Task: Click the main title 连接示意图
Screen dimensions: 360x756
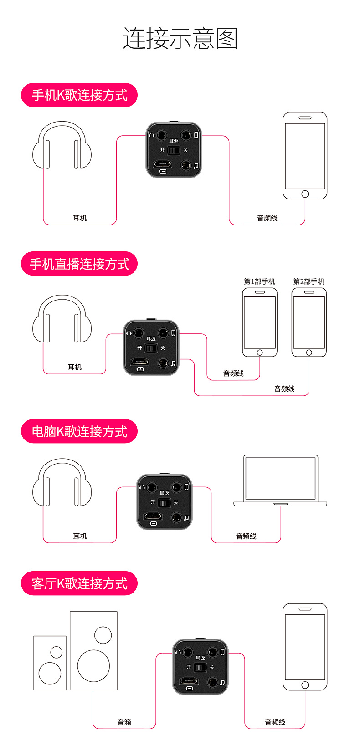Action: point(180,38)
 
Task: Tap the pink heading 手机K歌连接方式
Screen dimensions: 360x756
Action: point(79,95)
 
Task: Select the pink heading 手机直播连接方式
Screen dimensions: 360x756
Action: point(79,264)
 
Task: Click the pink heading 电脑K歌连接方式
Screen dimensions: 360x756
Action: point(79,431)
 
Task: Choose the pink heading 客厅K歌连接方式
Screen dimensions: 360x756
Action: point(79,583)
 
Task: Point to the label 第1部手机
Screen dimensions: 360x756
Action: point(259,281)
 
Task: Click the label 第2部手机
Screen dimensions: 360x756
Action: point(309,281)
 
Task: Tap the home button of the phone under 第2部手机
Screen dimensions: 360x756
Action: point(309,352)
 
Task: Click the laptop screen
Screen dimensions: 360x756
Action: point(280,478)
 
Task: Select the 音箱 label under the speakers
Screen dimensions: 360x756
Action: point(124,722)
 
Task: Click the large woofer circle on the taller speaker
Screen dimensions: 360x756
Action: point(93,665)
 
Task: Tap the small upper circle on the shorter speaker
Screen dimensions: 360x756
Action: point(57,652)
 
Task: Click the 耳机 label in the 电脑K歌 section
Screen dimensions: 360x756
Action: point(80,536)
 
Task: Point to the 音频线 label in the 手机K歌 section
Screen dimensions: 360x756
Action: point(267,218)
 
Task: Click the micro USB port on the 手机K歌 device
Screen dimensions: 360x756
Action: point(162,164)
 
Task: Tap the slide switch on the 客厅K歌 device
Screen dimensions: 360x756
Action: point(200,667)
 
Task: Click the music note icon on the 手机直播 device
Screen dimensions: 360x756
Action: point(173,363)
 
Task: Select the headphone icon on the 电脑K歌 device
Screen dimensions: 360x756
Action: point(142,487)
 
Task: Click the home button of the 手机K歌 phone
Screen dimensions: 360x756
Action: point(305,194)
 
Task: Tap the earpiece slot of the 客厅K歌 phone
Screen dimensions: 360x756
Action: point(305,609)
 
